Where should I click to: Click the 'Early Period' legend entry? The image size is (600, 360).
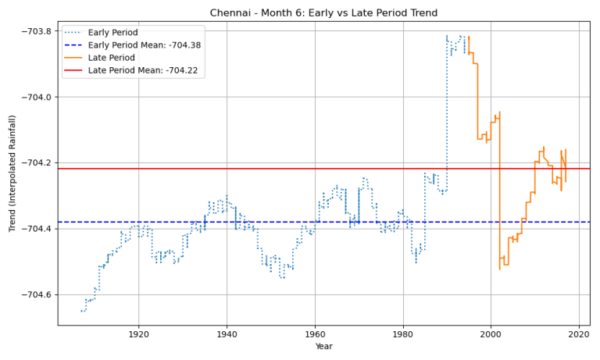[112, 33]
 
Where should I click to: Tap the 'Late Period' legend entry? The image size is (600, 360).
[110, 59]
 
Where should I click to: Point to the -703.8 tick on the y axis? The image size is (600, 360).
[34, 31]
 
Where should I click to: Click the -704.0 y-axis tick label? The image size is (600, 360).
[34, 97]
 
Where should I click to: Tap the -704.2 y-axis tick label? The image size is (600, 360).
[34, 162]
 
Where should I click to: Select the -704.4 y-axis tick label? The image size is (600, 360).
[34, 229]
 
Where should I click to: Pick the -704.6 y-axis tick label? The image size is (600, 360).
[34, 294]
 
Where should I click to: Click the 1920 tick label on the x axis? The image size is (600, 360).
[139, 334]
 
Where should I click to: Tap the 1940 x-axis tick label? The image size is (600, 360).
[227, 334]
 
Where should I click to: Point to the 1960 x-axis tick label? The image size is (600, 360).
[315, 334]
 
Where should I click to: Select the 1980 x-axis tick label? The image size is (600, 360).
[403, 334]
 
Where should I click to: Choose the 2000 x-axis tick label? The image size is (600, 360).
[491, 334]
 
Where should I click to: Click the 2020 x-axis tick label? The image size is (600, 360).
[579, 334]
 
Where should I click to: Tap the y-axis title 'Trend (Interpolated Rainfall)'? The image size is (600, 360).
[12, 173]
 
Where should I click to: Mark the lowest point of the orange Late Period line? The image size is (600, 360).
[499, 269]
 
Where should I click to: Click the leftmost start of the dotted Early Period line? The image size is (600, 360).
[81, 311]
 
